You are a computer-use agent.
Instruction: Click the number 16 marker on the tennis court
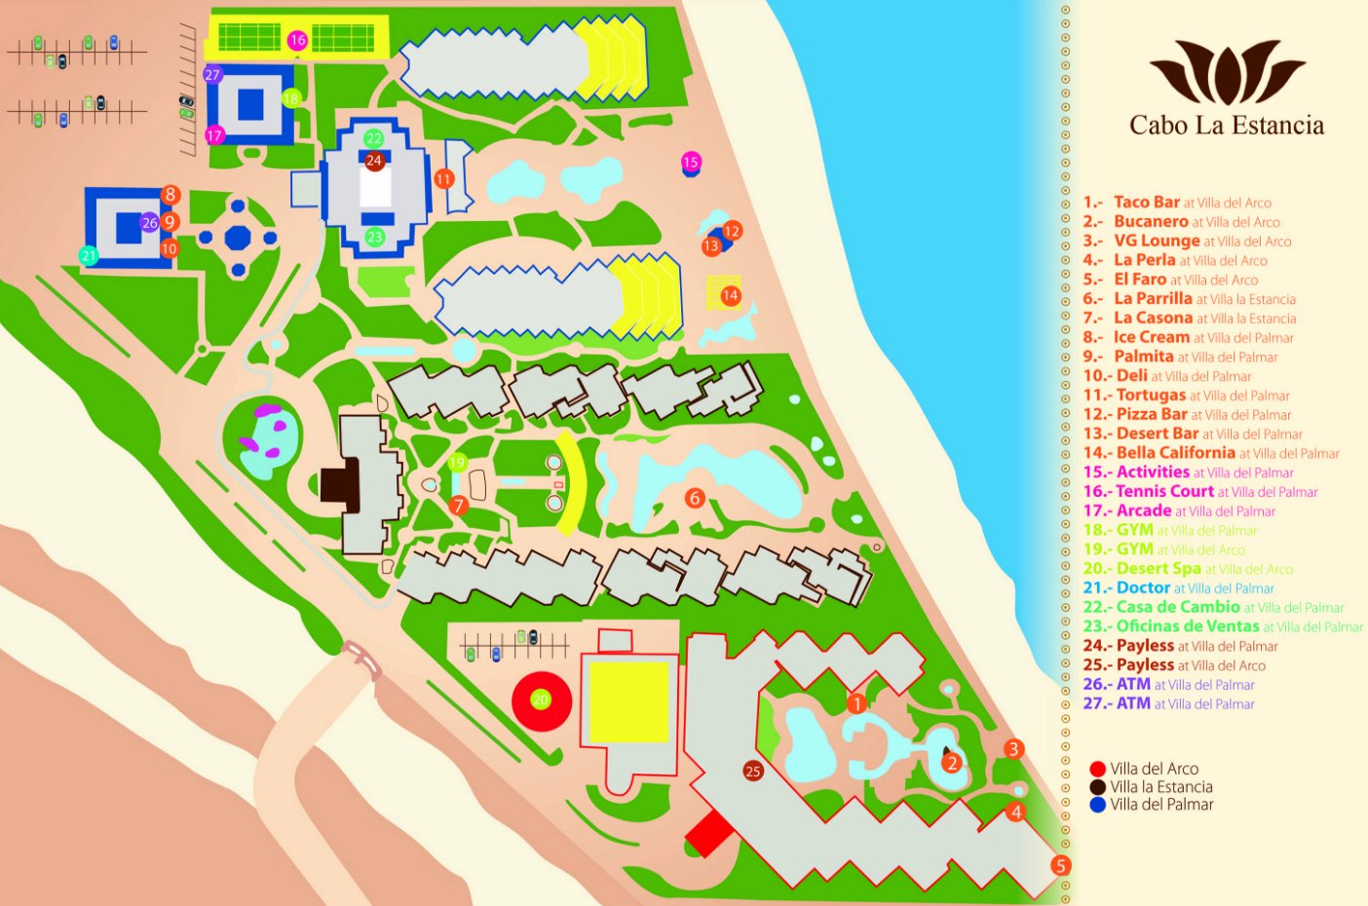pos(297,40)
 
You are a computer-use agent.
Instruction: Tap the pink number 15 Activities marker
pos(691,162)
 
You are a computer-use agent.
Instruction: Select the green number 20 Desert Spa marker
pos(540,699)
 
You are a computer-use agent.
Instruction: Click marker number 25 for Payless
pos(752,772)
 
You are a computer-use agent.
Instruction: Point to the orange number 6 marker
pos(695,498)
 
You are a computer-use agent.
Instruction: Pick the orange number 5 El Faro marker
pos(1060,865)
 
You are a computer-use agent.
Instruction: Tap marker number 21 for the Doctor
pos(89,256)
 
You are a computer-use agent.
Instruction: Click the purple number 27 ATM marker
pos(212,74)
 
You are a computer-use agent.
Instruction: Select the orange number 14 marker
pos(730,295)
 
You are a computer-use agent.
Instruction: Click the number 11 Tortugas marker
pos(444,179)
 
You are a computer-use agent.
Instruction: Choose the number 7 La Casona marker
pos(459,506)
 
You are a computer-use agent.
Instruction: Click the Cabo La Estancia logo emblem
pos(1227,72)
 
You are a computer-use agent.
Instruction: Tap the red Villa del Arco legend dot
pos(1098,769)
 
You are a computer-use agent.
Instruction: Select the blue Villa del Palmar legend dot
pos(1098,805)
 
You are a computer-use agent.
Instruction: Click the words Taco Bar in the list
pos(1147,202)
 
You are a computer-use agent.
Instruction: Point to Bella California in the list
pos(1176,452)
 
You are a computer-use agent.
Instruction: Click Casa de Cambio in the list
pos(1178,607)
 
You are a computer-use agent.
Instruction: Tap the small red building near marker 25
pos(708,834)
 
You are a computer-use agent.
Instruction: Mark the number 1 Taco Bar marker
pos(856,702)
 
